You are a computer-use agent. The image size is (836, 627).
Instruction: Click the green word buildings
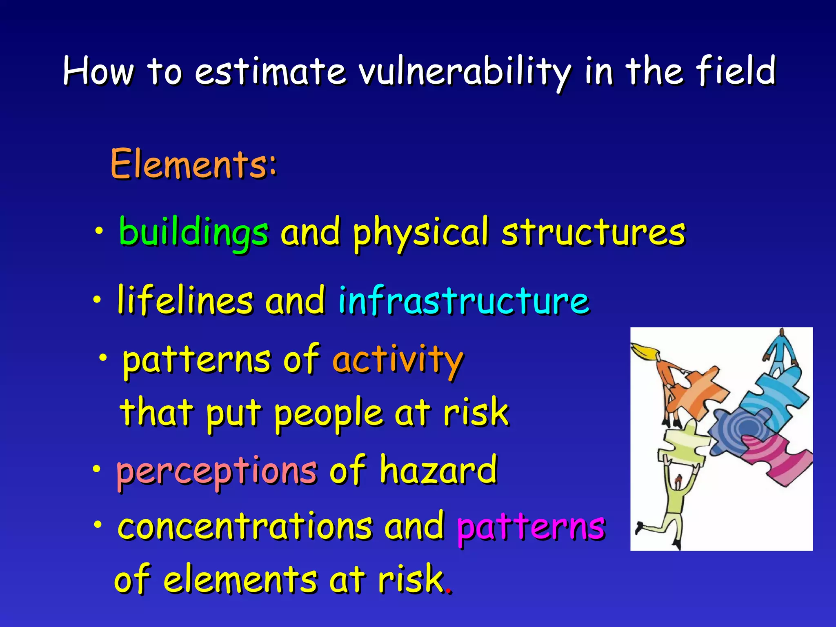click(x=193, y=232)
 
